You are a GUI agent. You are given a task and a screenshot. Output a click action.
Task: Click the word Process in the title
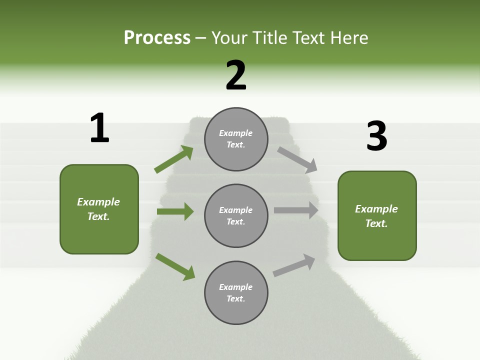(157, 38)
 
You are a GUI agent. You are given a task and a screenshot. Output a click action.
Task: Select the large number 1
(99, 128)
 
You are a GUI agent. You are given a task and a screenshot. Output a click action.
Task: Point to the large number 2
(236, 75)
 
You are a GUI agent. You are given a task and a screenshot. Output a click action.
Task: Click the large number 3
(376, 136)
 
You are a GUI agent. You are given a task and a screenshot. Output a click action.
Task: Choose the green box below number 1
(99, 209)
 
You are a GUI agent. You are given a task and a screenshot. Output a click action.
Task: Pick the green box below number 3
(377, 216)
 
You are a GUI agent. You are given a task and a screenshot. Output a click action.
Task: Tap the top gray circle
(236, 139)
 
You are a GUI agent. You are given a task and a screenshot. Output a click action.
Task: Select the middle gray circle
(236, 215)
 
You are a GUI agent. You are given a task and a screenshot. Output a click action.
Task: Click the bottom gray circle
(236, 292)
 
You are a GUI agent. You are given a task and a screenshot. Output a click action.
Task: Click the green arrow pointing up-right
(174, 159)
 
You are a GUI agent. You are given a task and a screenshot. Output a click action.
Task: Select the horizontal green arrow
(175, 211)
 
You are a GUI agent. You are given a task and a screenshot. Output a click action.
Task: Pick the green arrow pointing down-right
(175, 266)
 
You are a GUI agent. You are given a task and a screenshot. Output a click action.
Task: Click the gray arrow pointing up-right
(294, 265)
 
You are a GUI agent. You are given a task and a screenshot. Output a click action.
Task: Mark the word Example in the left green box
(98, 202)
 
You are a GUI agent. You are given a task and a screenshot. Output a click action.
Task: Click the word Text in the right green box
(375, 223)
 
